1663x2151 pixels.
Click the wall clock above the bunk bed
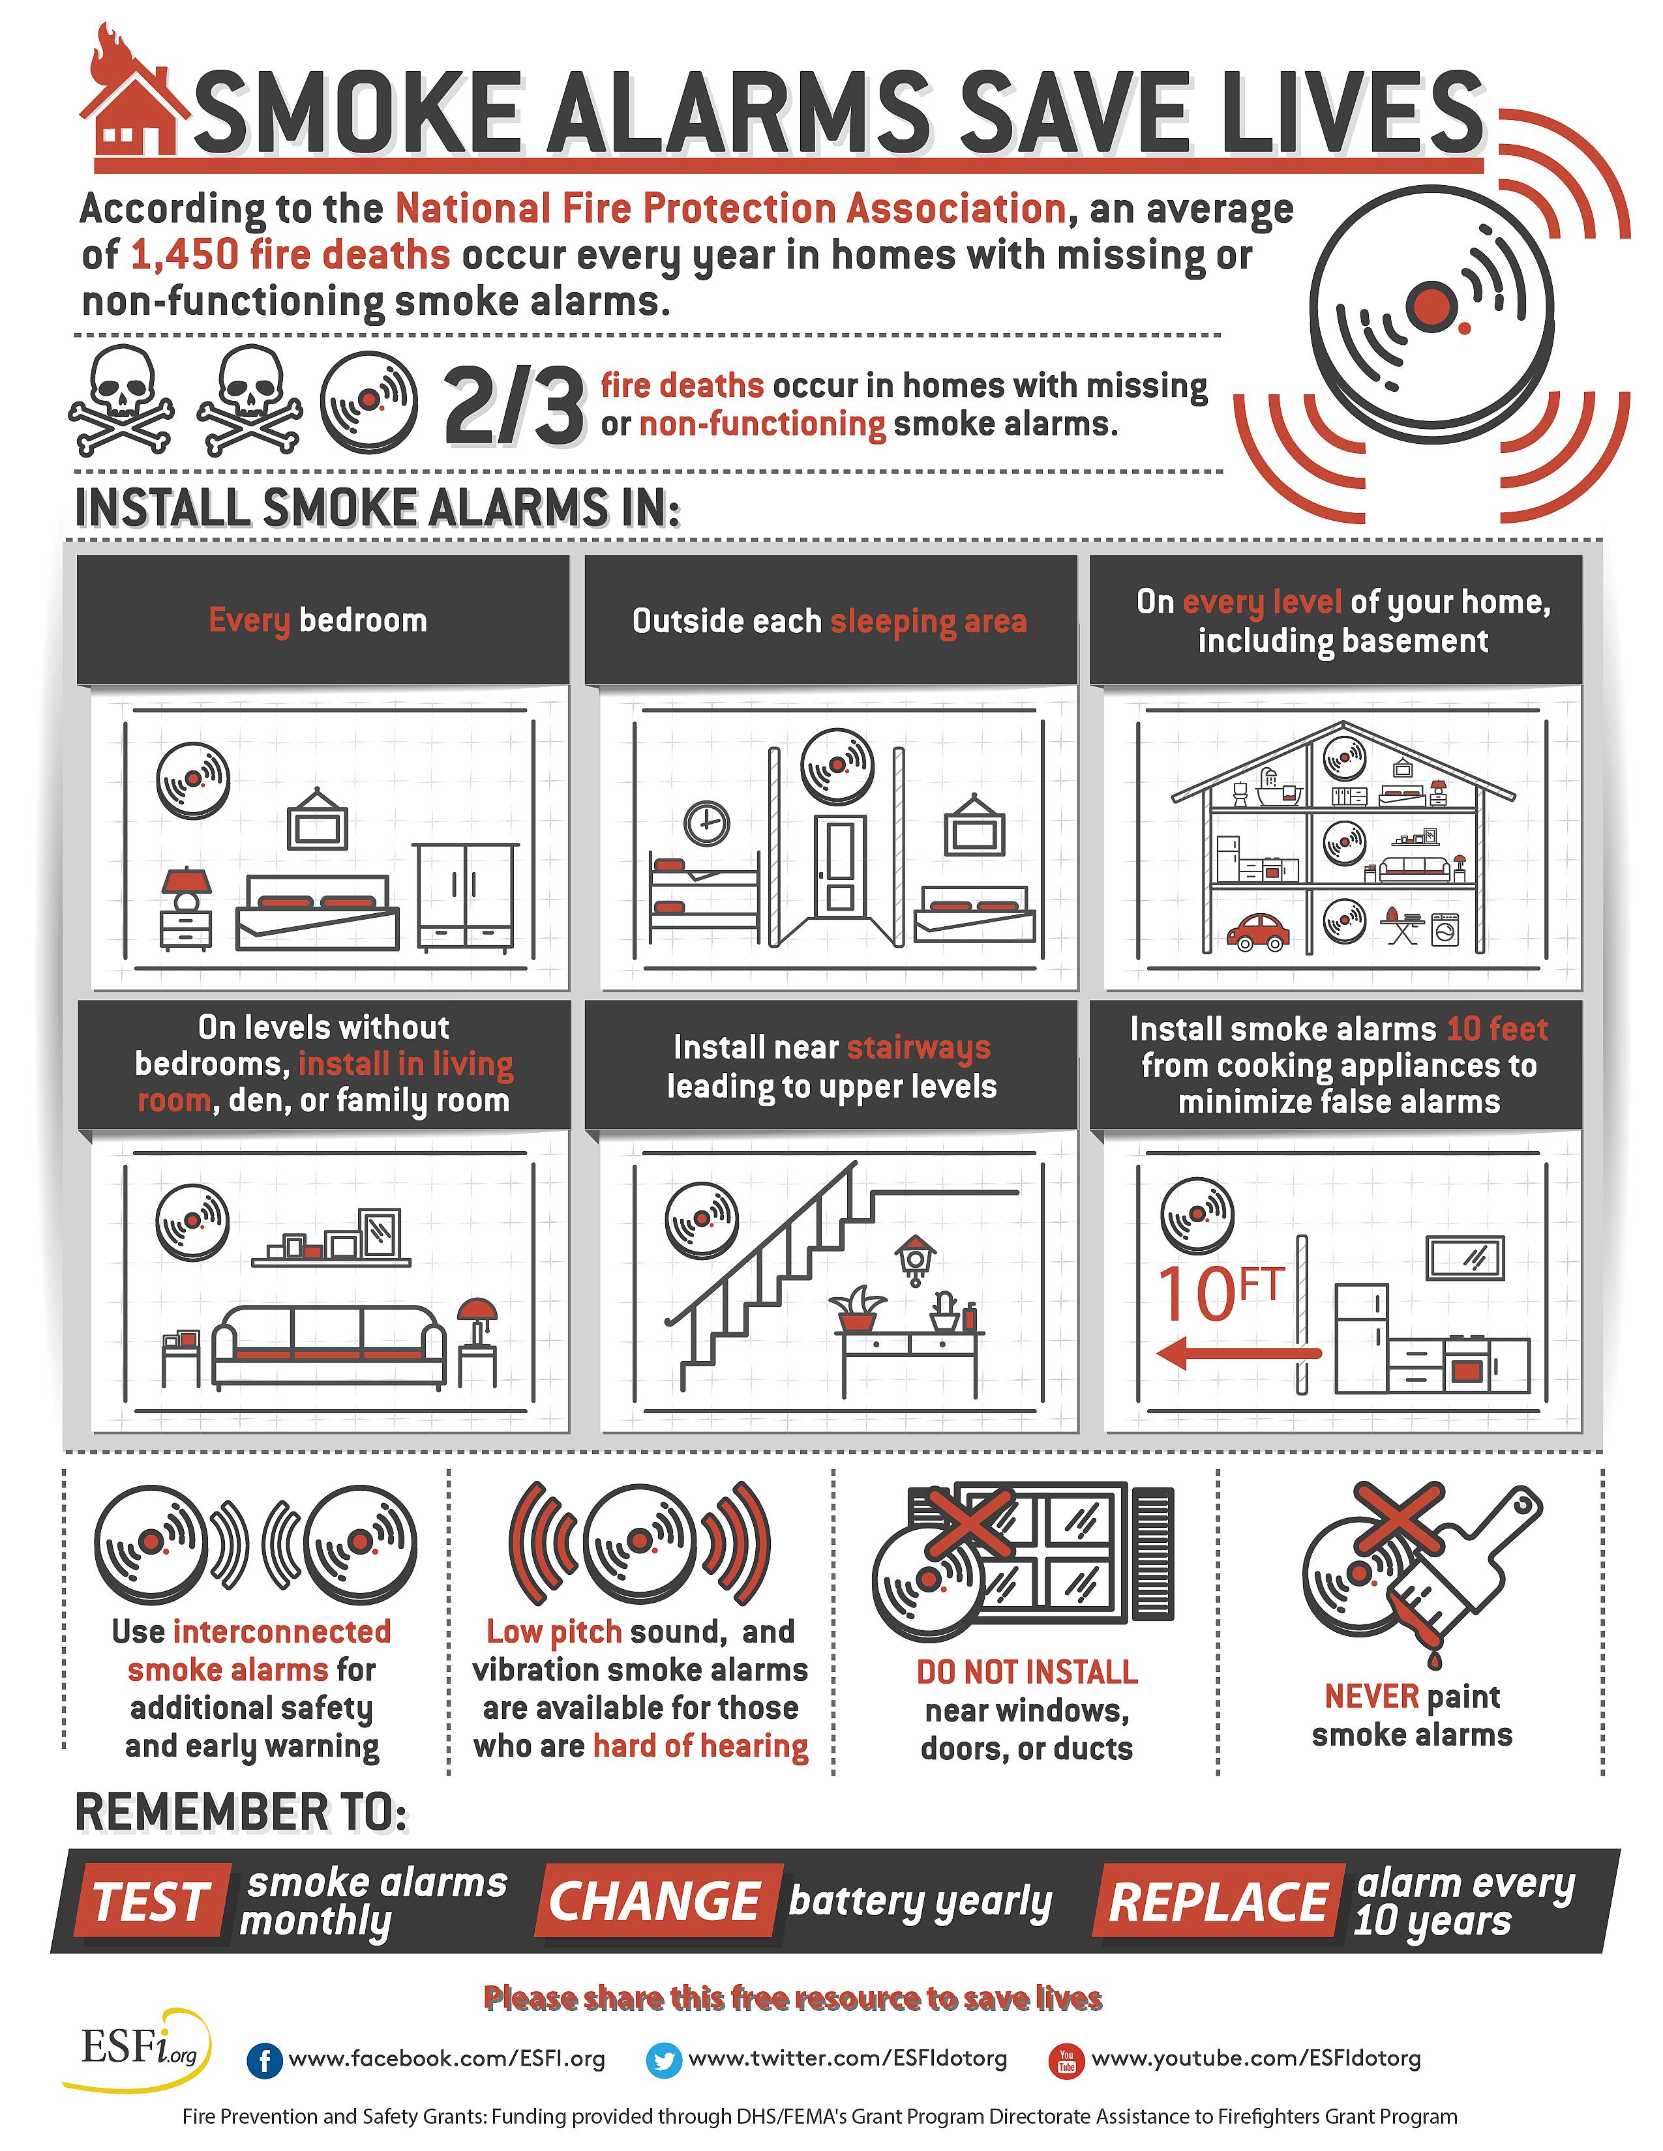(x=706, y=823)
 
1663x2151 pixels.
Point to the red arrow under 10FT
(x=1236, y=1353)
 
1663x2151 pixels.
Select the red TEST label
(x=151, y=1901)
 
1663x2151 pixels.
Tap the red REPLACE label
(x=1218, y=1901)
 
